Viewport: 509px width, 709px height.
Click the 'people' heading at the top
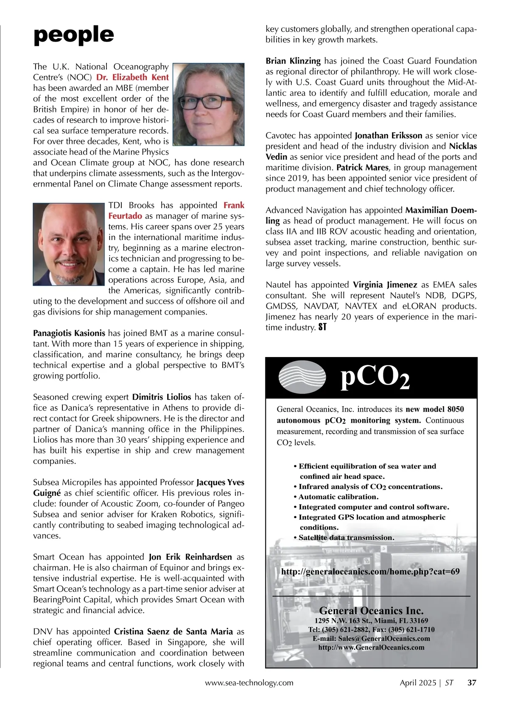click(x=73, y=35)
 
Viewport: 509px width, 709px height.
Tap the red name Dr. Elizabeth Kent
click(x=132, y=78)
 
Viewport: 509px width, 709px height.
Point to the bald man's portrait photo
click(x=69, y=244)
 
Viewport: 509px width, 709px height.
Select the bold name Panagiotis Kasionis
click(x=69, y=333)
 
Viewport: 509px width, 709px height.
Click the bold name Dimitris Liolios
click(x=162, y=397)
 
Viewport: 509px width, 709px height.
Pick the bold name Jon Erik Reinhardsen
click(x=190, y=557)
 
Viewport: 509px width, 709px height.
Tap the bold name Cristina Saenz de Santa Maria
click(x=173, y=631)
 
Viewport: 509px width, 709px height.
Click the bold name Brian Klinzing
click(x=293, y=61)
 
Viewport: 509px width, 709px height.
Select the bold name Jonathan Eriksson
click(x=388, y=136)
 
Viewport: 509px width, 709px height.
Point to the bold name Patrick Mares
click(x=362, y=167)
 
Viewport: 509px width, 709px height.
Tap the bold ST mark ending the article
click(x=322, y=327)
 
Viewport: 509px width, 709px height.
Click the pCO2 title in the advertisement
click(x=375, y=378)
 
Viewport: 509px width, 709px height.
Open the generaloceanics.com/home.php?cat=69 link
click(x=370, y=572)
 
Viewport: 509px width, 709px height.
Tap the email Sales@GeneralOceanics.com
click(x=371, y=639)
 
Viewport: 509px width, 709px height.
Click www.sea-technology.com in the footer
click(x=249, y=683)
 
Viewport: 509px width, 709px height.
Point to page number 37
click(x=472, y=683)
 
